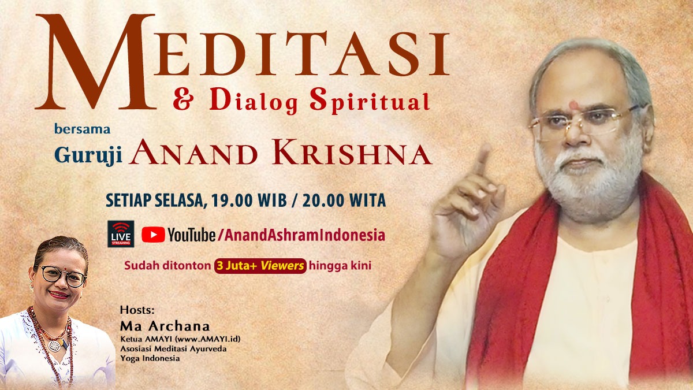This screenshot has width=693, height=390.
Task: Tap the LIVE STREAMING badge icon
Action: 121,233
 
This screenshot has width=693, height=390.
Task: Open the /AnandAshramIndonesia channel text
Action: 301,235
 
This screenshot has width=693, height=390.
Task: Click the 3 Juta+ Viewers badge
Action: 260,266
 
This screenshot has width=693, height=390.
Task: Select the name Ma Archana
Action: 157,325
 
